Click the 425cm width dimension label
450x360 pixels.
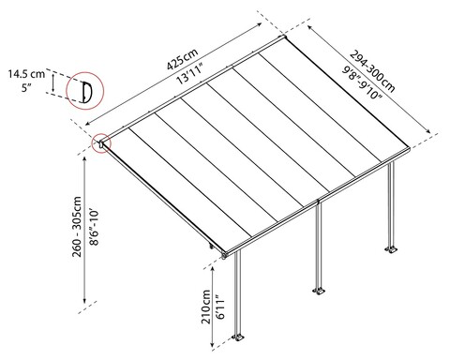pyautogui.click(x=183, y=59)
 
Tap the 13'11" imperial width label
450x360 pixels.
pyautogui.click(x=190, y=73)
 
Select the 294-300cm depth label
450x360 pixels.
pyautogui.click(x=372, y=71)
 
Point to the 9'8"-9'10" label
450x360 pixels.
pyautogui.click(x=362, y=82)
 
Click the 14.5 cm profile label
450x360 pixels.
pyautogui.click(x=26, y=74)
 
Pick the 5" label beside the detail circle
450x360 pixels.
pyautogui.click(x=27, y=88)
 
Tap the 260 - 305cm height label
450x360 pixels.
pyautogui.click(x=77, y=227)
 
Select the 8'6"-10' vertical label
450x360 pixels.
pyautogui.click(x=94, y=227)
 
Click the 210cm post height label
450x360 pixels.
pyautogui.click(x=206, y=307)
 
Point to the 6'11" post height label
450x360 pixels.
pyautogui.click(x=220, y=307)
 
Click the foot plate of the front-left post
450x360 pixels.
pyautogui.click(x=238, y=337)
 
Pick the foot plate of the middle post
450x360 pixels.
pyautogui.click(x=319, y=291)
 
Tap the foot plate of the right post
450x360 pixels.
pyautogui.click(x=391, y=249)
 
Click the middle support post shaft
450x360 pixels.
pyautogui.click(x=319, y=246)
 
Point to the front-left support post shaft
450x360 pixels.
pyautogui.click(x=238, y=293)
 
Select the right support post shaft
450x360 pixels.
pyautogui.click(x=391, y=204)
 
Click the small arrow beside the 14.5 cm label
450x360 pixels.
pyautogui.click(x=53, y=82)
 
